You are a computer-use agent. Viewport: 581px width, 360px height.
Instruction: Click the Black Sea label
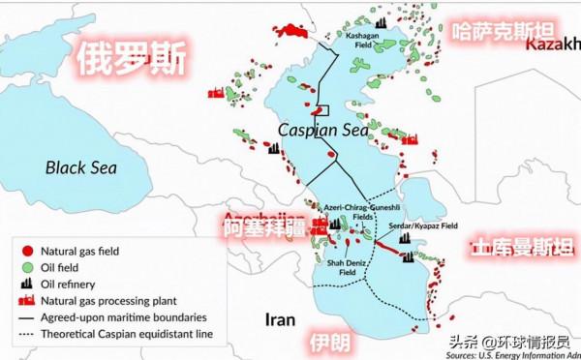click(81, 167)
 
